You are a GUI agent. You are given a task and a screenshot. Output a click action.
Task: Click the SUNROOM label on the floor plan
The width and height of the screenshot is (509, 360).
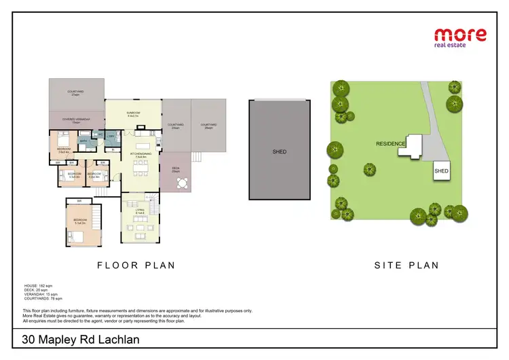click(132, 114)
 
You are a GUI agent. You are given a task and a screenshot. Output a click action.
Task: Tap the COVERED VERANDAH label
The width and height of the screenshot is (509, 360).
click(76, 120)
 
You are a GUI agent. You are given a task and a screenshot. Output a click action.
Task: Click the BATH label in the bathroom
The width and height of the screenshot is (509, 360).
click(83, 141)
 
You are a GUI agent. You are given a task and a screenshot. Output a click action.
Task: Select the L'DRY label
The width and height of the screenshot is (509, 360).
click(110, 136)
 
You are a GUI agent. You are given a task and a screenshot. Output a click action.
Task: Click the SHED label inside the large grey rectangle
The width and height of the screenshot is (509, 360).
click(280, 151)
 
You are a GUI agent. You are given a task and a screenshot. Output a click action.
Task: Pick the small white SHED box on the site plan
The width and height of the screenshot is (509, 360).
click(441, 171)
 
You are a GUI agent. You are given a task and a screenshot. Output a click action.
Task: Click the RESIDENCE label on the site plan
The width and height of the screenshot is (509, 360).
click(390, 144)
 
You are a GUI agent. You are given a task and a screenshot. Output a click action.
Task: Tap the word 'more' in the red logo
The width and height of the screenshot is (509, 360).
click(460, 34)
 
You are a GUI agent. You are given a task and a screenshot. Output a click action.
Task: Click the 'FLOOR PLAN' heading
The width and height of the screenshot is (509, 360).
click(136, 266)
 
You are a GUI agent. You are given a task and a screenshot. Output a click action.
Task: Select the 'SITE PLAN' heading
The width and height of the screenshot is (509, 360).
click(407, 266)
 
